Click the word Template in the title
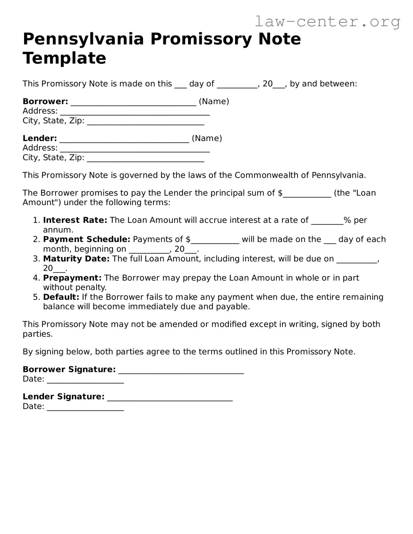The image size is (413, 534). click(65, 58)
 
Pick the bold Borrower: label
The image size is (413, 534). click(45, 102)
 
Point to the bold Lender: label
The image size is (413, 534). click(40, 138)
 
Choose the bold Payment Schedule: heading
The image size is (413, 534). click(86, 239)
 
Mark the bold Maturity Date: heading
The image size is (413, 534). click(76, 259)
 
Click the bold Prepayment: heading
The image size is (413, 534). click(72, 278)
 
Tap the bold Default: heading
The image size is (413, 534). click(61, 297)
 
